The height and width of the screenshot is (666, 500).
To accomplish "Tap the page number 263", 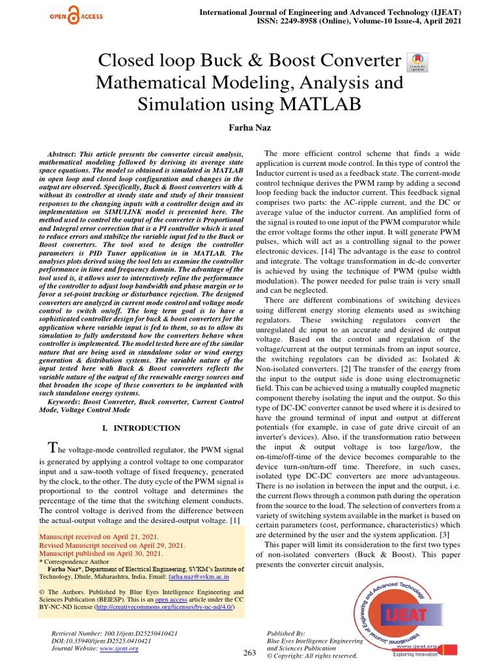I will click(249, 652).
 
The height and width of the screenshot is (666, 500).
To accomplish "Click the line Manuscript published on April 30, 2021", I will click(102, 553).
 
